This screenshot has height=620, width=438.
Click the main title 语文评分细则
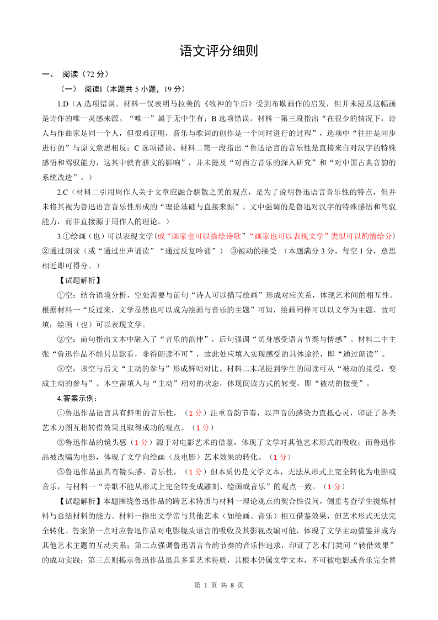(x=218, y=51)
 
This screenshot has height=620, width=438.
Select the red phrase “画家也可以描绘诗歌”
(x=202, y=236)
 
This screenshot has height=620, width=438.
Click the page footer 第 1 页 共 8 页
(x=219, y=585)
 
